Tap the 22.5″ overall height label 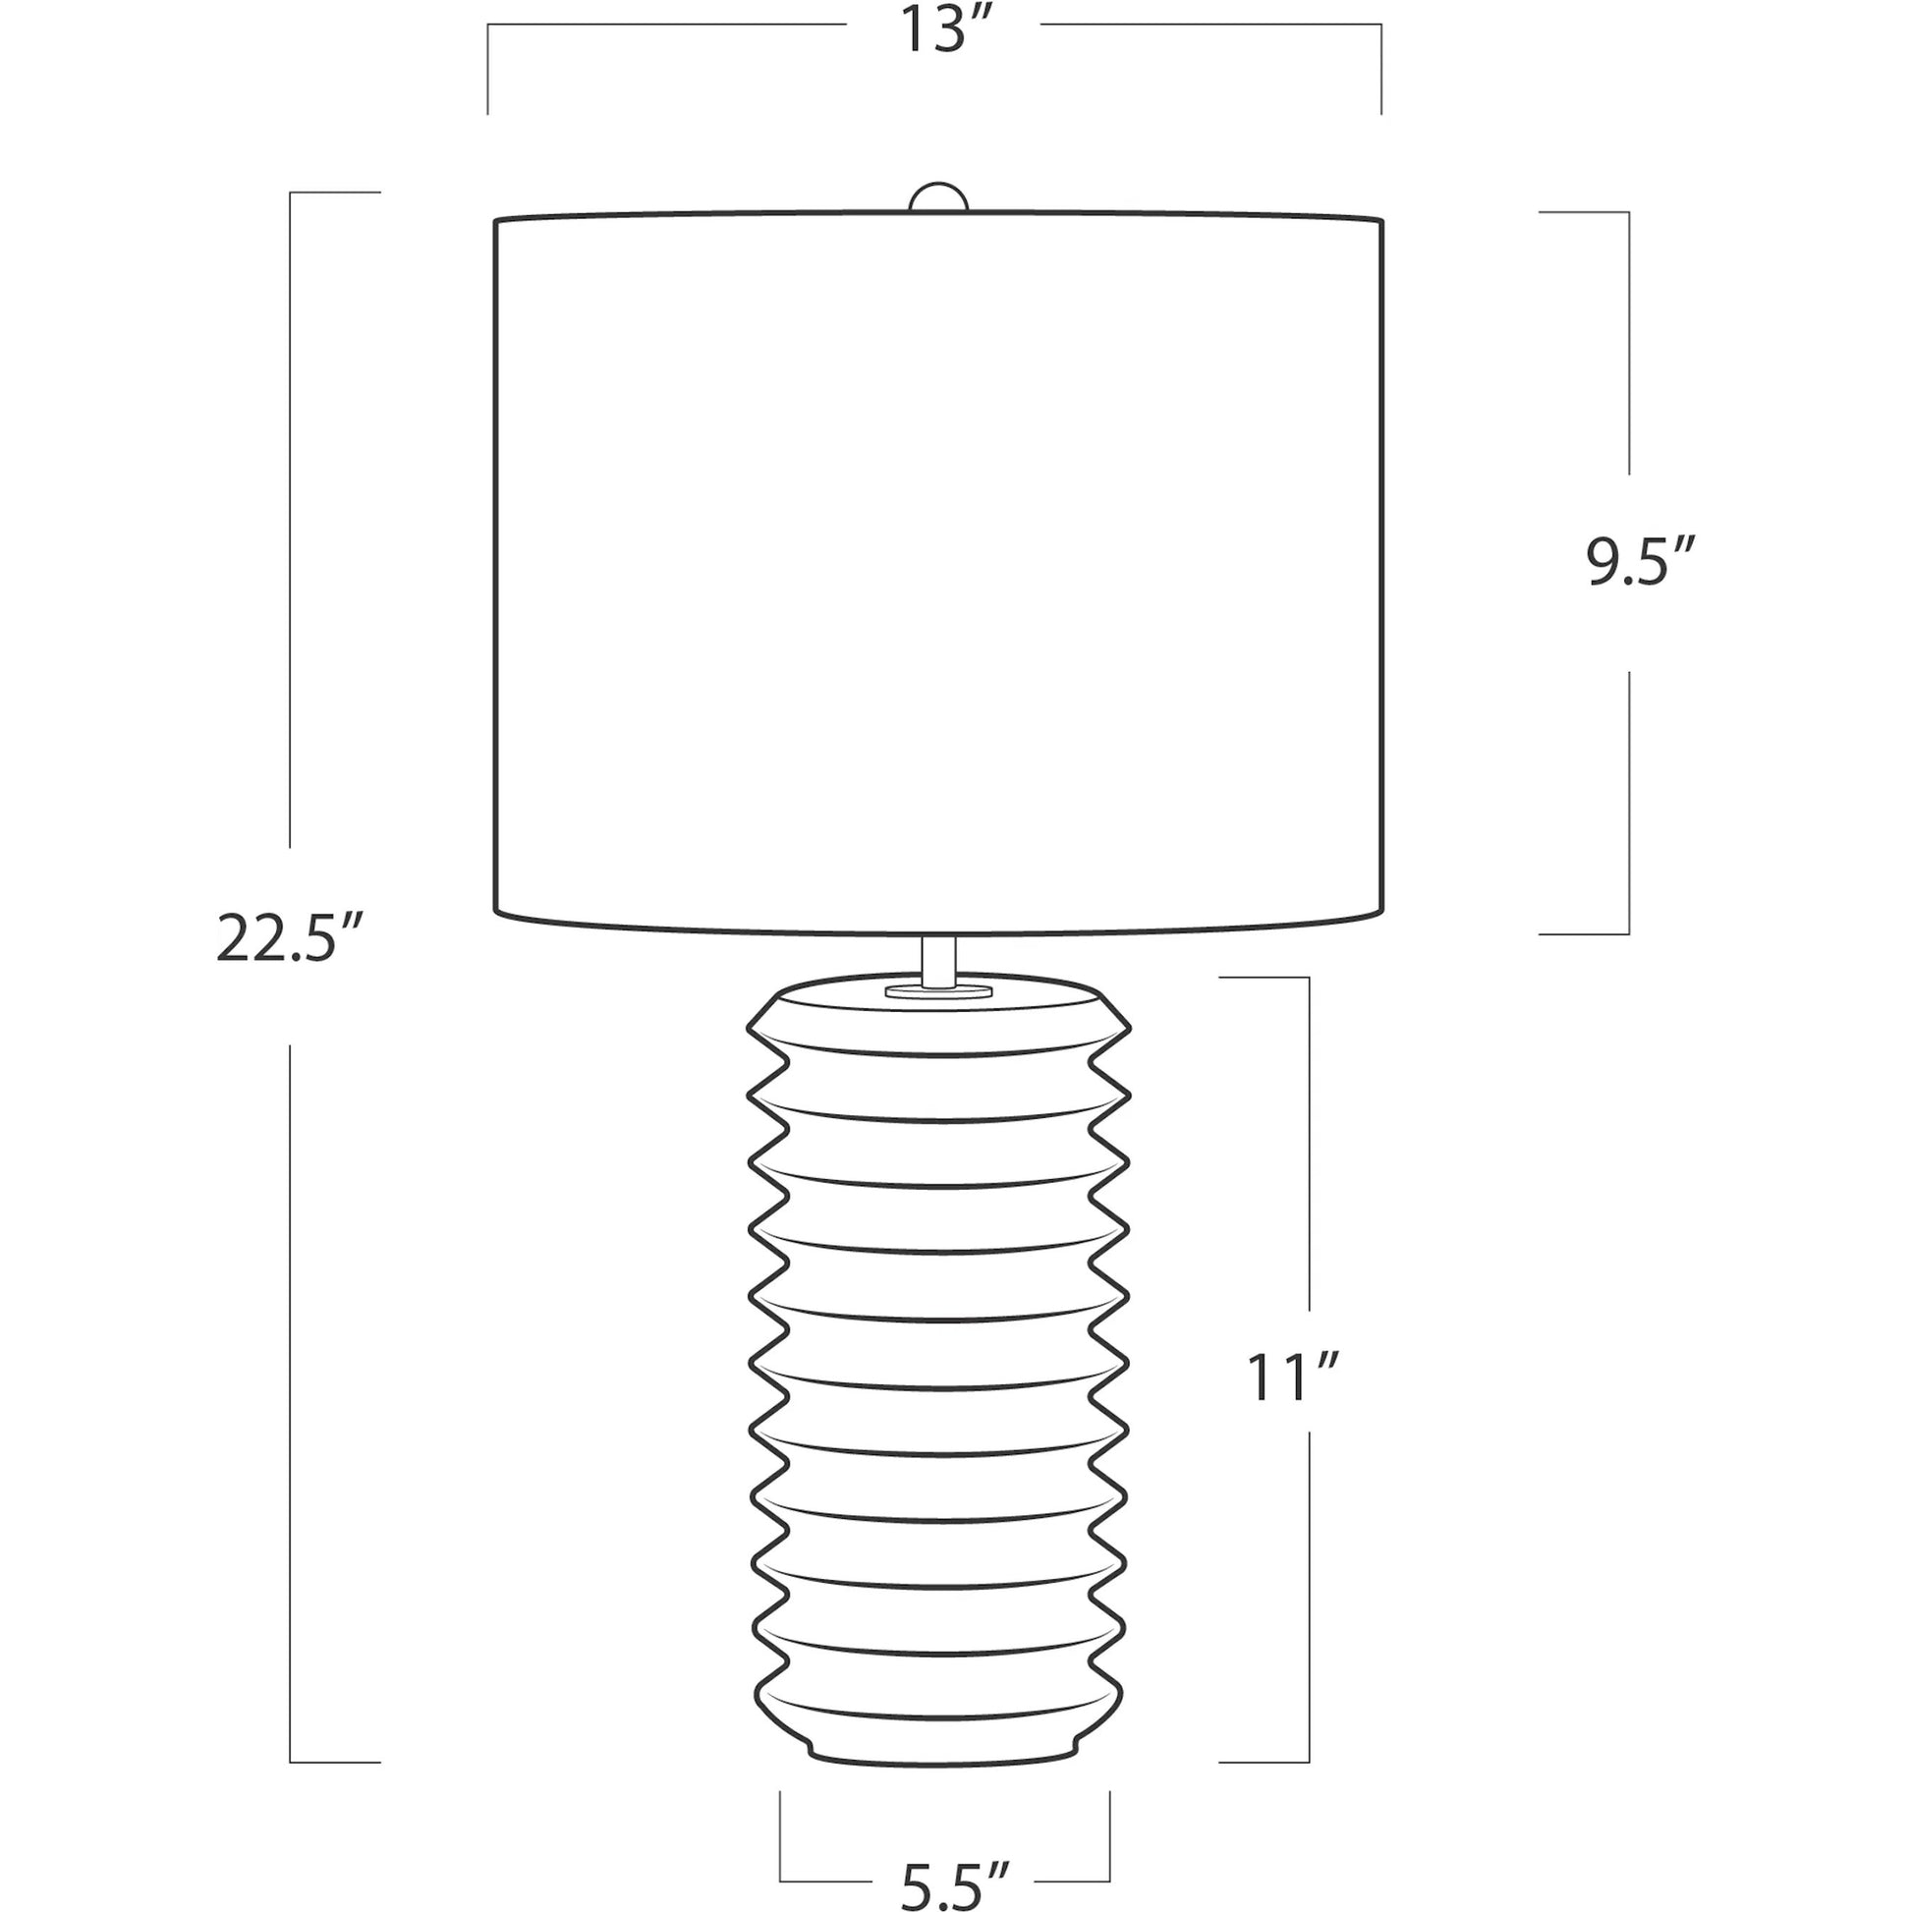(x=278, y=940)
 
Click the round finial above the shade (x=938, y=197)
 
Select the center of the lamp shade (x=938, y=573)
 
